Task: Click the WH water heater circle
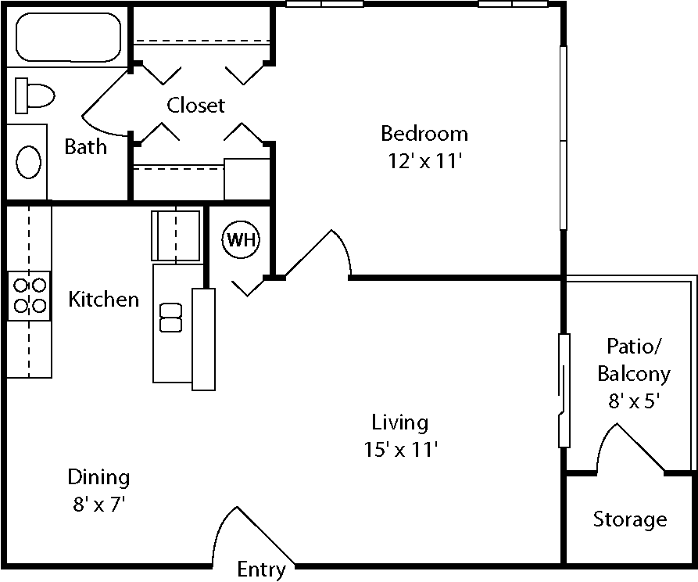[242, 240]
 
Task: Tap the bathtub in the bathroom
[69, 37]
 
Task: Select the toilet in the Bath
[35, 95]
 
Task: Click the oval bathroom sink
[29, 162]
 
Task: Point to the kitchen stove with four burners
[29, 296]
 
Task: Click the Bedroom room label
[424, 133]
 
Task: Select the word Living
[399, 423]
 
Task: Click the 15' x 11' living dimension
[399, 450]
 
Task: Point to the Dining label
[98, 476]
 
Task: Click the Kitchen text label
[104, 299]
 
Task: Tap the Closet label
[196, 105]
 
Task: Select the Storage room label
[630, 519]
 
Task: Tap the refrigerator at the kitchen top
[175, 235]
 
